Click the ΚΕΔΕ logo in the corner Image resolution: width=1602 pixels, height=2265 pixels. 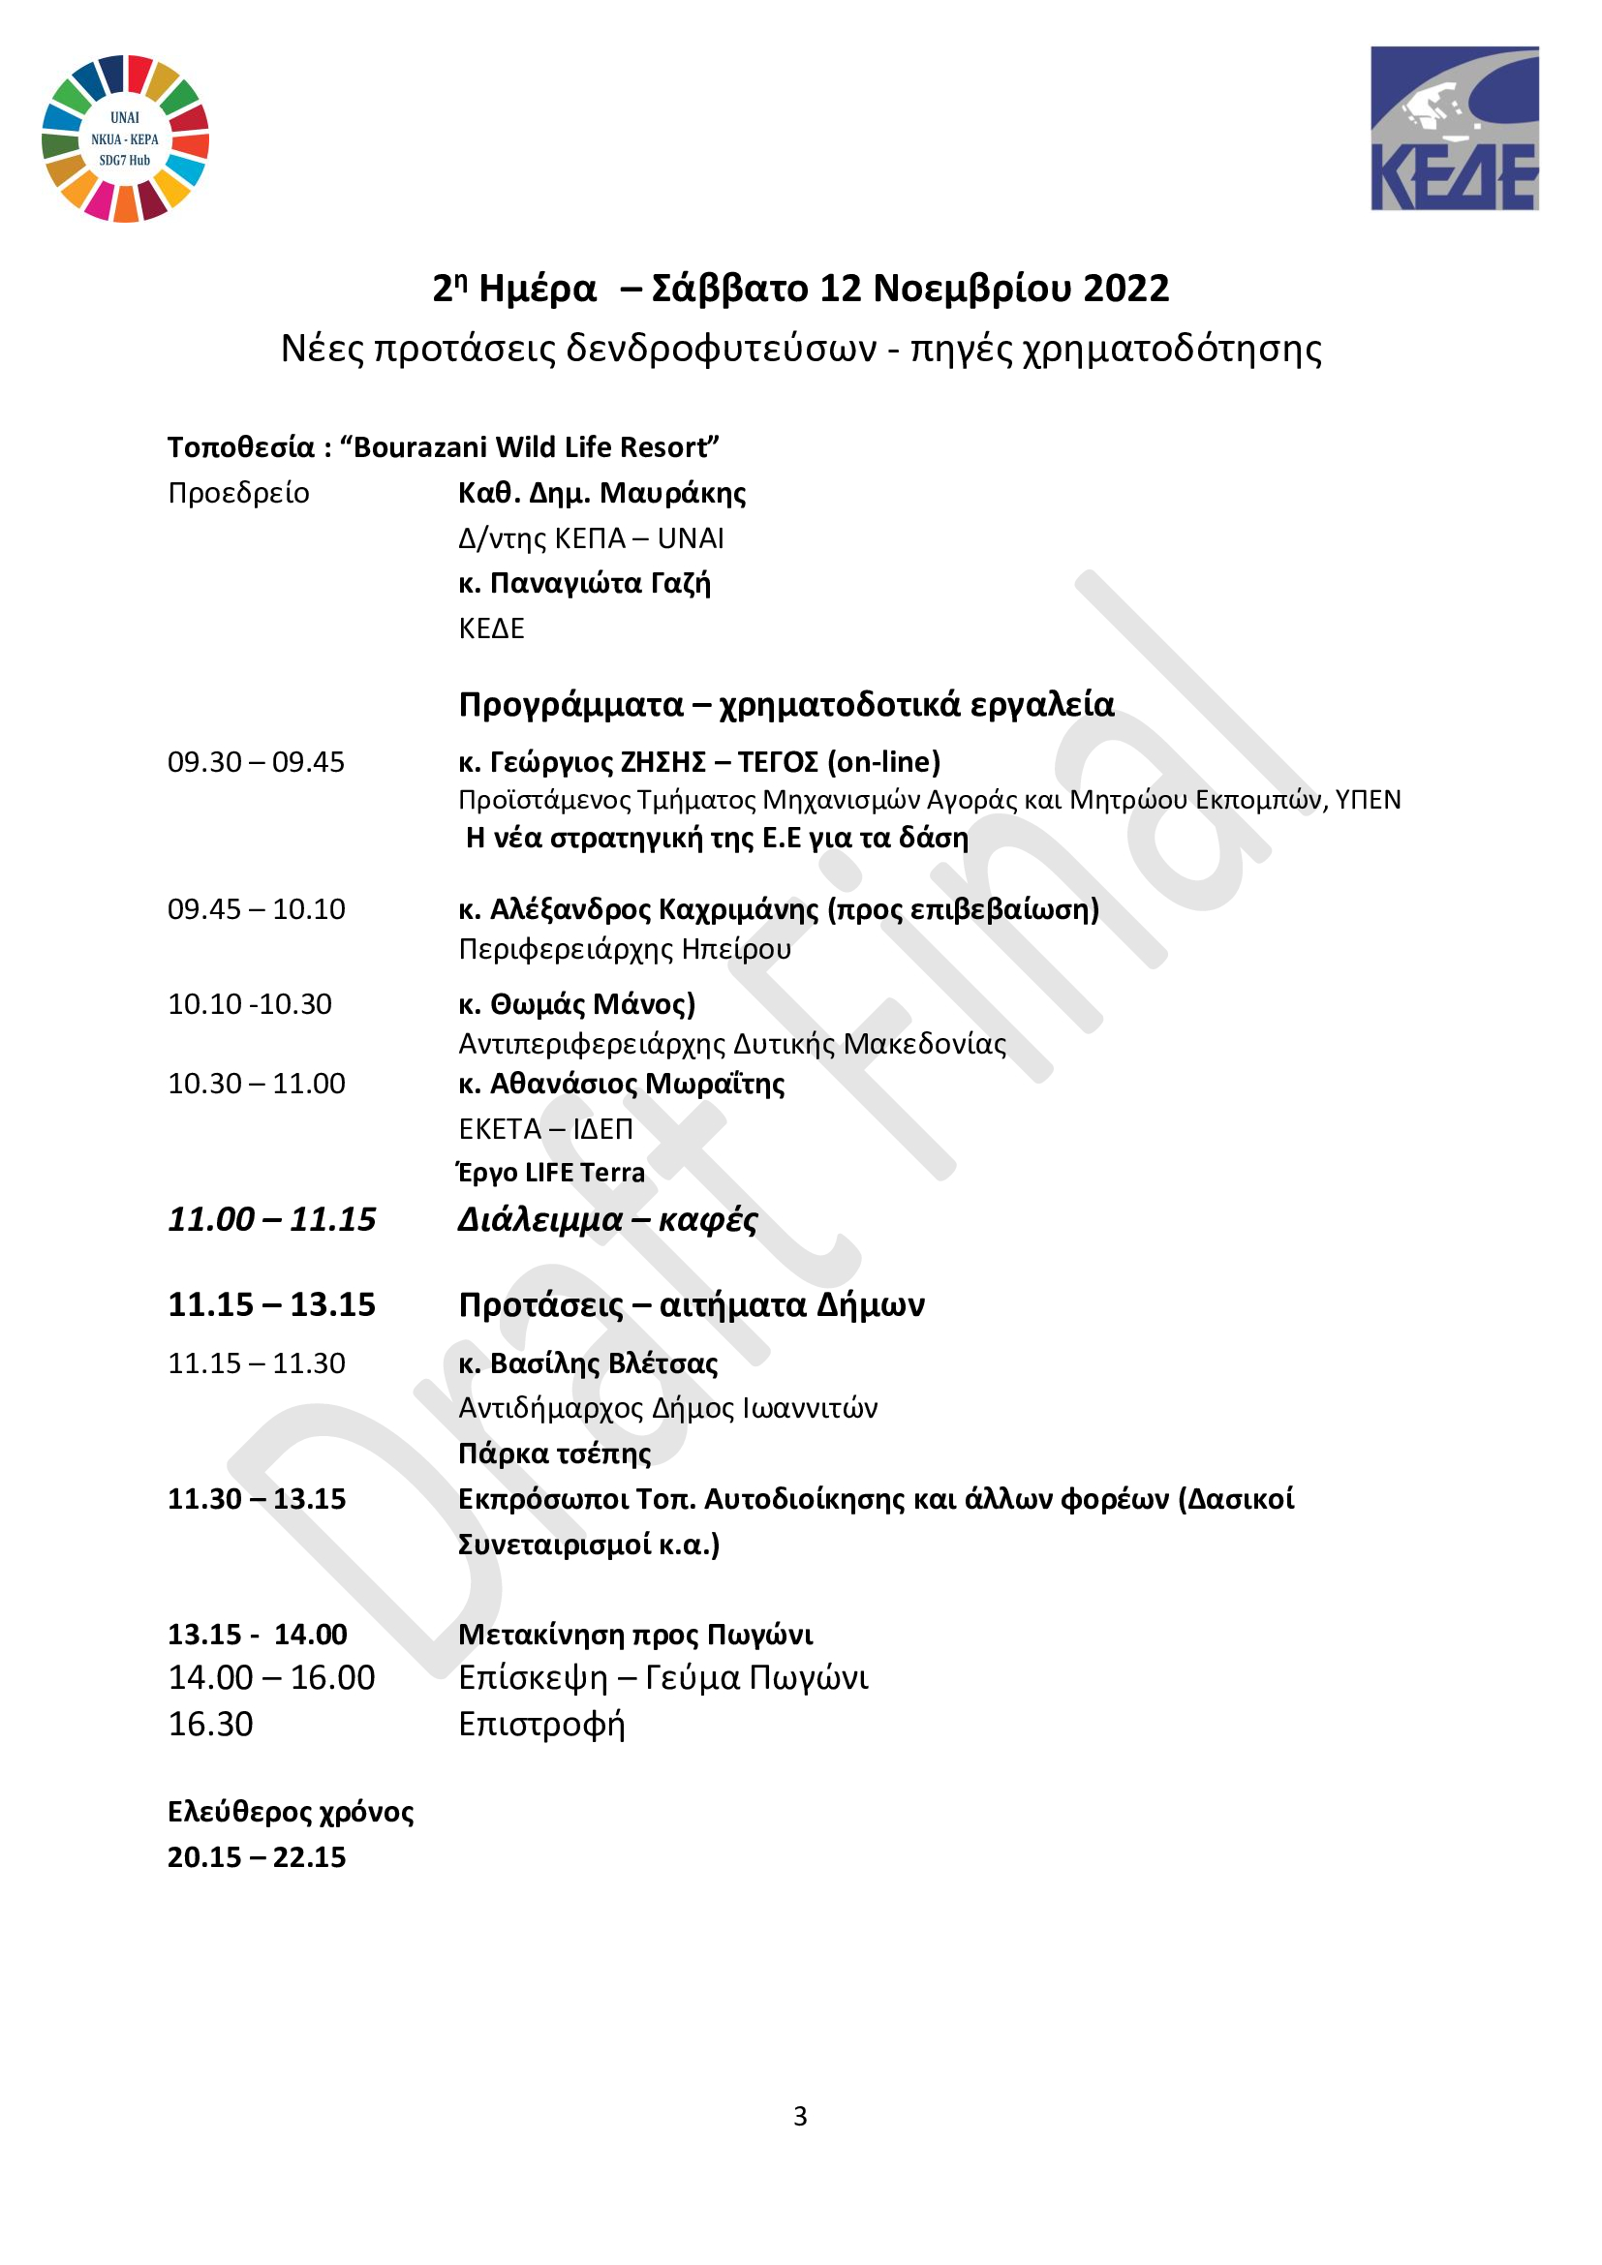coord(1454,128)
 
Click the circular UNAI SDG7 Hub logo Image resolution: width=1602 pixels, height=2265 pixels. coord(125,138)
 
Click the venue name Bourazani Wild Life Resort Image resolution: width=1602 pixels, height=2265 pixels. coord(530,446)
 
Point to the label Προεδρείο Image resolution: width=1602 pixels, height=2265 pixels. coord(237,492)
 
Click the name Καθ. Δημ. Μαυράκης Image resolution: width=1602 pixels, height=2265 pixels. coord(601,492)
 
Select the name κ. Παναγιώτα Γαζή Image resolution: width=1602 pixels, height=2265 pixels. coord(584,583)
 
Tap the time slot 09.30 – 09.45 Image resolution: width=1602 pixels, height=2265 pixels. coord(257,761)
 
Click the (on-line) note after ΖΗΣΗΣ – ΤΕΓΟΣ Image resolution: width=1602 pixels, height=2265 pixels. coord(884,761)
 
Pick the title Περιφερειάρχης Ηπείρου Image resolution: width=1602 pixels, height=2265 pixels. coord(625,949)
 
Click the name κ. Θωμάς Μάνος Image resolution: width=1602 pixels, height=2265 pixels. coord(576,1004)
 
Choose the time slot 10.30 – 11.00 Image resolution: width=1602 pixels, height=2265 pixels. coord(257,1084)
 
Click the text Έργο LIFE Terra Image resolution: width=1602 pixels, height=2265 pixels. coord(551,1172)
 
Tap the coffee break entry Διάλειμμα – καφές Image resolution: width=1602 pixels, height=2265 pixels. coord(607,1219)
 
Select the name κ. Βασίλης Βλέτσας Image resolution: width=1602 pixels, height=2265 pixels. coord(588,1363)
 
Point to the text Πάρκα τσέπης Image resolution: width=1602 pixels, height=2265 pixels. coord(554,1454)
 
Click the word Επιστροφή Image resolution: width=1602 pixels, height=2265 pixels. coord(541,1724)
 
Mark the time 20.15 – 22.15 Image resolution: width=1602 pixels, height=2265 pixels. coord(257,1856)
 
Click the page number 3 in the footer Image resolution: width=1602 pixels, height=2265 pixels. coord(800,2115)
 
